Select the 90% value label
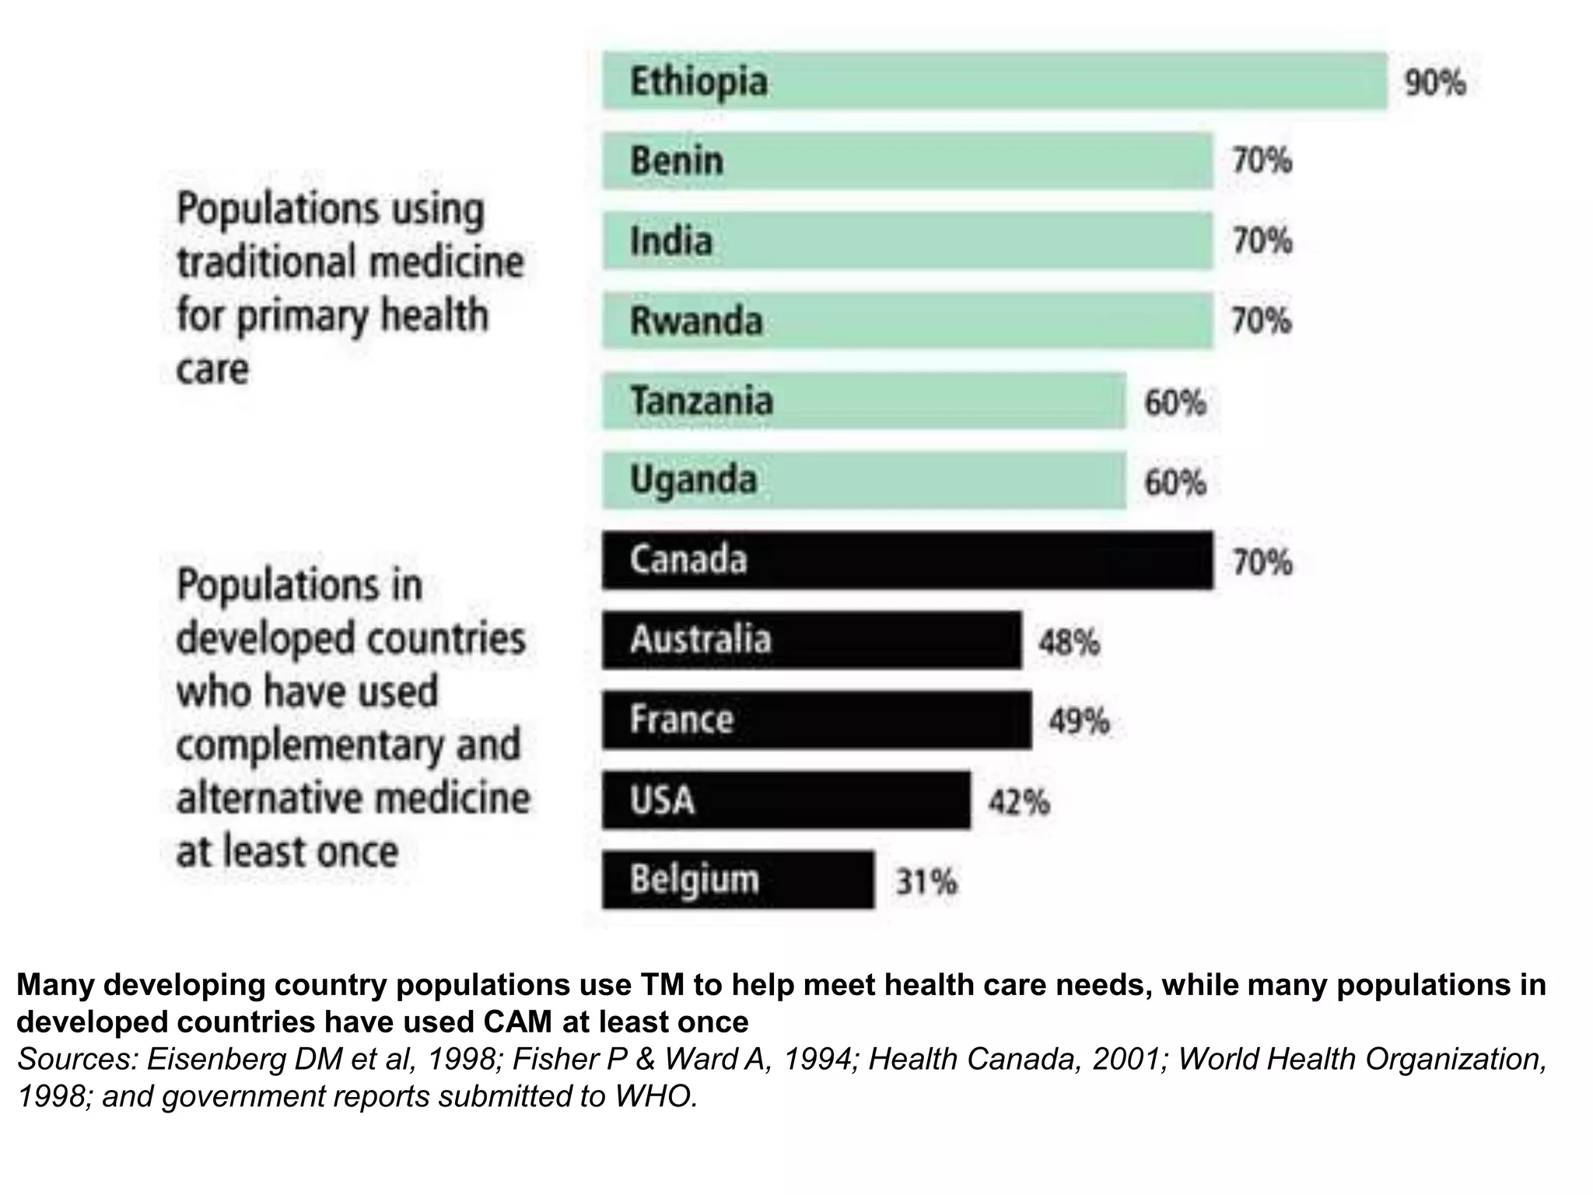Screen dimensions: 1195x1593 pyautogui.click(x=1434, y=82)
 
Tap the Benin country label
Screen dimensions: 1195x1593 pyautogui.click(x=677, y=161)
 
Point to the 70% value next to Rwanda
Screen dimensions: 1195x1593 pyautogui.click(x=1262, y=321)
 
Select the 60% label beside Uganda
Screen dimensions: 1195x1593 pyautogui.click(x=1175, y=482)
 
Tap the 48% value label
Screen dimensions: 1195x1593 pyautogui.click(x=1069, y=643)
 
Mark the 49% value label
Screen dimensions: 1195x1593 pyautogui.click(x=1079, y=722)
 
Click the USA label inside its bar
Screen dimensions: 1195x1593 pyautogui.click(x=662, y=801)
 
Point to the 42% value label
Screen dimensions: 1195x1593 pyautogui.click(x=1019, y=802)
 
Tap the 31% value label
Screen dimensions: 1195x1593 pyautogui.click(x=926, y=882)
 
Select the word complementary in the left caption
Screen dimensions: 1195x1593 pyautogui.click(x=307, y=745)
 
